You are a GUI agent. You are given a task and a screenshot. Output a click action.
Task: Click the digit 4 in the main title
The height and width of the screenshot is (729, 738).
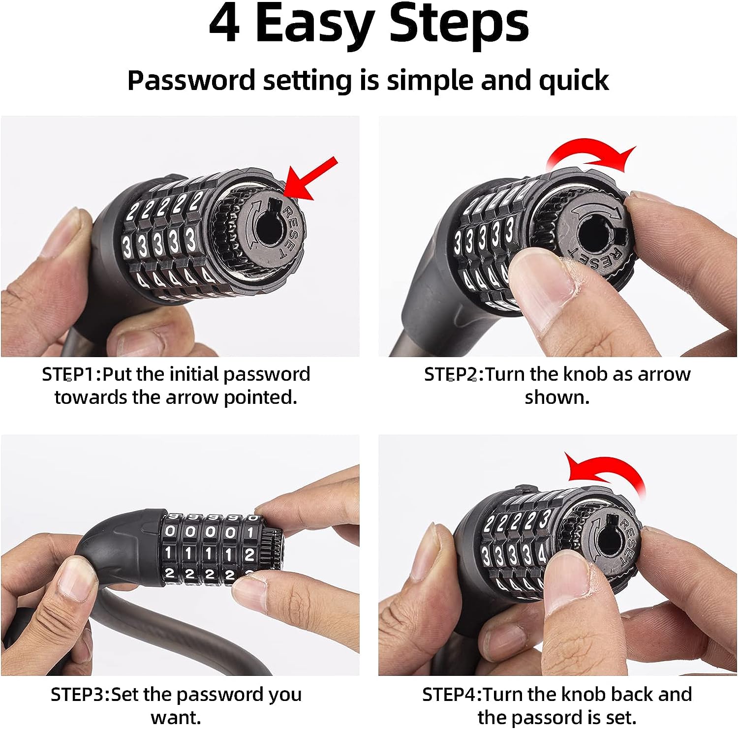224,25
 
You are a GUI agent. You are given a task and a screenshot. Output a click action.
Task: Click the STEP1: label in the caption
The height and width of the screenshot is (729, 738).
71,374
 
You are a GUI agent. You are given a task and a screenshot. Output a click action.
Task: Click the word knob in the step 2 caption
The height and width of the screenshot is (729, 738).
584,374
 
